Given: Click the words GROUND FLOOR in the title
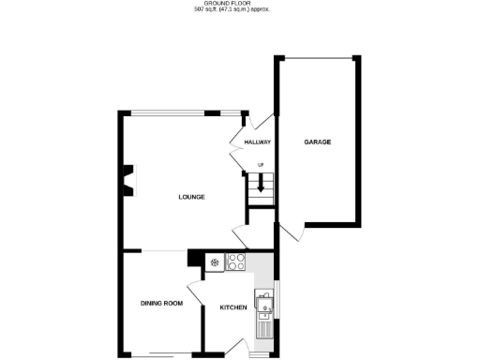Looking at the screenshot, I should tap(239, 4).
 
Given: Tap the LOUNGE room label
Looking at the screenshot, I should tap(192, 197).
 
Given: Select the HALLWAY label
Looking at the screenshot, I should tap(257, 142).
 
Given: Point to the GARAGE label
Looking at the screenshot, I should tap(317, 142).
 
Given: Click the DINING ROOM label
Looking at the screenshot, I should tap(160, 304).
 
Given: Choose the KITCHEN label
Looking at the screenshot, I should tap(232, 307).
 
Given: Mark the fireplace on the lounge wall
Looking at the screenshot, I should tap(127, 181).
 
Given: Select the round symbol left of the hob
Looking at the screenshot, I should tap(215, 262).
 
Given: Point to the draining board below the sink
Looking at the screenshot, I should tap(265, 325).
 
